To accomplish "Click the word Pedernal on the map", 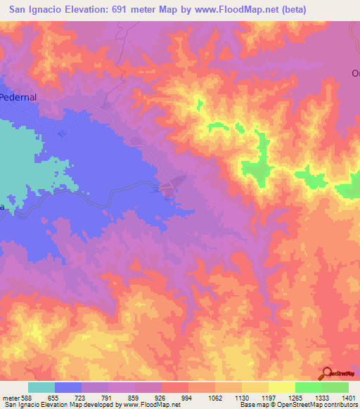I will coord(18,97).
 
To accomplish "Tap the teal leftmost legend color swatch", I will coord(41,387).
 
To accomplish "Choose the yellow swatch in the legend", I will coord(282,387).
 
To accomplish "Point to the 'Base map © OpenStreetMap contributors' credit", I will coord(299,405).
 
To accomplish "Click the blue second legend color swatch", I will coord(68,387).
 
